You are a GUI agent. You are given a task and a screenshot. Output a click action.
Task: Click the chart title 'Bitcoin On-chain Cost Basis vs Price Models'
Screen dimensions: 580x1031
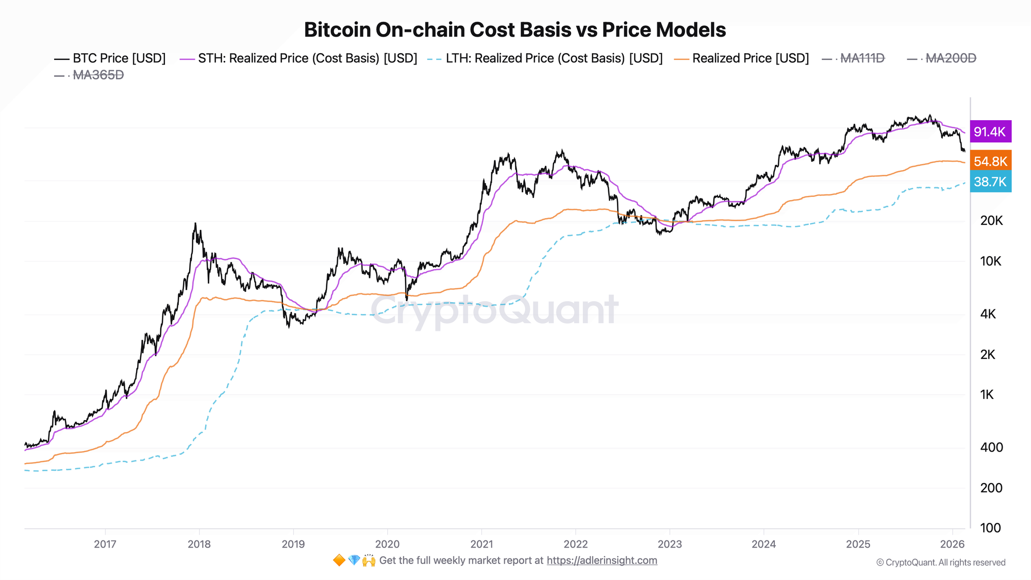[514, 30]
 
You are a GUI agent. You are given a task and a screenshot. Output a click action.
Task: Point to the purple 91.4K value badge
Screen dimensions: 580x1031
[990, 131]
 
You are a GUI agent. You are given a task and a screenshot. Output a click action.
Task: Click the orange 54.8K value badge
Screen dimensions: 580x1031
[990, 161]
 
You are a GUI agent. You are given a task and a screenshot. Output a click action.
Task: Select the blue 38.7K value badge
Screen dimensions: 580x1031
[990, 181]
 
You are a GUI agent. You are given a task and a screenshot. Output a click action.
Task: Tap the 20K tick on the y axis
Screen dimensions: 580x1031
[991, 221]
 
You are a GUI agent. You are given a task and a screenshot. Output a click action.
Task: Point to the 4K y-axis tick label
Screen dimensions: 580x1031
[988, 314]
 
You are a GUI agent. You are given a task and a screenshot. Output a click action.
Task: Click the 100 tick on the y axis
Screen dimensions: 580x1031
[990, 528]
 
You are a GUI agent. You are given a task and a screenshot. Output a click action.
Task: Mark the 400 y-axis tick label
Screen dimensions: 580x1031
[991, 448]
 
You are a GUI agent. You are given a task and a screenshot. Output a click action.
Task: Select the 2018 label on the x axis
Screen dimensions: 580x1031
[199, 544]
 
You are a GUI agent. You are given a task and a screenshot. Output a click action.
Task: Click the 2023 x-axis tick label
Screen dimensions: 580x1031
[670, 544]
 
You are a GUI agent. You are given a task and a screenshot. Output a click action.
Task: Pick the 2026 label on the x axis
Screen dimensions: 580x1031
[952, 544]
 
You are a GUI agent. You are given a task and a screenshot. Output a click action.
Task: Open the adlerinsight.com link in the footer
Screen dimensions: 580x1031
[602, 560]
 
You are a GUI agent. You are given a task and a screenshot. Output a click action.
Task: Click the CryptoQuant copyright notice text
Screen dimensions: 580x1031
[940, 562]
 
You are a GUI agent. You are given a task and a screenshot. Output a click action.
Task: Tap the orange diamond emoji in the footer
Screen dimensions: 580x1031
[339, 560]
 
